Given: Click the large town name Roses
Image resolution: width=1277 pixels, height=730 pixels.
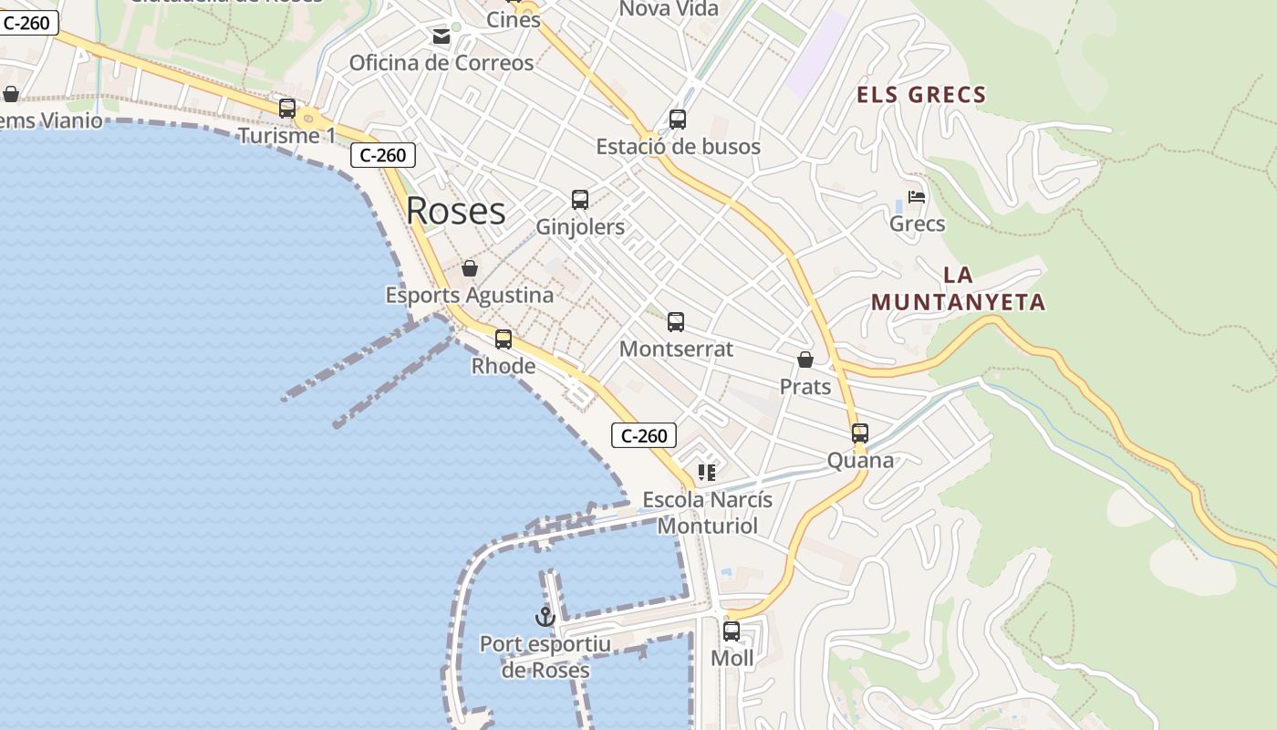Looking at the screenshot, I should [x=455, y=211].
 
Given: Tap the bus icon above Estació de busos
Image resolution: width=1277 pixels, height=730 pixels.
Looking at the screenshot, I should [x=677, y=120].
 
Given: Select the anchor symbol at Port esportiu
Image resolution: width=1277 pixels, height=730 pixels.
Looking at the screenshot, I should [x=545, y=617].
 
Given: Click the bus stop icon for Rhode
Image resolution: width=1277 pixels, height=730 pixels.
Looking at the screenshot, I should [x=503, y=339].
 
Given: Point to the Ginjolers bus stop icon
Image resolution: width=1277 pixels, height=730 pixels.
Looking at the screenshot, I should [x=579, y=200].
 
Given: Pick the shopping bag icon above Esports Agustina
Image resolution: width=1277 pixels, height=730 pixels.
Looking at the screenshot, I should [x=469, y=268].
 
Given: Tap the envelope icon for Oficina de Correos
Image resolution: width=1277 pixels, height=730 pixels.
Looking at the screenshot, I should [x=441, y=36].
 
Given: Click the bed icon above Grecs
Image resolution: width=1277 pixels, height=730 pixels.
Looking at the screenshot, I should [x=917, y=197].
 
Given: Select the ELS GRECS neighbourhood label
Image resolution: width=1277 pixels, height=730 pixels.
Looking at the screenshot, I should [x=921, y=95].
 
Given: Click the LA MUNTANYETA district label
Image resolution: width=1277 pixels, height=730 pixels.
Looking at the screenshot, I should [x=958, y=288].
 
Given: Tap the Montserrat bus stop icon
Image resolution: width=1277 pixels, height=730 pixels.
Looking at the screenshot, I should [x=675, y=322].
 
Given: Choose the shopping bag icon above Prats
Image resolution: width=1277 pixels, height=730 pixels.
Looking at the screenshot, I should [x=805, y=360].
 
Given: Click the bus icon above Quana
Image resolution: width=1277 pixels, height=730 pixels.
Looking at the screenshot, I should [x=859, y=433].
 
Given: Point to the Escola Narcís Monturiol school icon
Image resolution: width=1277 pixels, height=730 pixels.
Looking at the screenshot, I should [x=706, y=473].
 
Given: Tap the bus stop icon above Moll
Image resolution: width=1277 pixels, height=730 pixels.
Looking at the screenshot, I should [x=731, y=631].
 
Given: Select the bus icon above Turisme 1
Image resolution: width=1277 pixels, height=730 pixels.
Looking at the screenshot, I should [x=286, y=109].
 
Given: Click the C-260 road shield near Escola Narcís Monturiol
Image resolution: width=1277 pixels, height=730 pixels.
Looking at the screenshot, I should [x=644, y=436].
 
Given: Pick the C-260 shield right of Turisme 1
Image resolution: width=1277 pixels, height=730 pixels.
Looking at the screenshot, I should [x=383, y=155].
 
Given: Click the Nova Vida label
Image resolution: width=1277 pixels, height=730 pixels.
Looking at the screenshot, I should [x=669, y=9].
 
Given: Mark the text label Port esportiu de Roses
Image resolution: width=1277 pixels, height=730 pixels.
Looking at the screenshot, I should [x=545, y=657].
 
